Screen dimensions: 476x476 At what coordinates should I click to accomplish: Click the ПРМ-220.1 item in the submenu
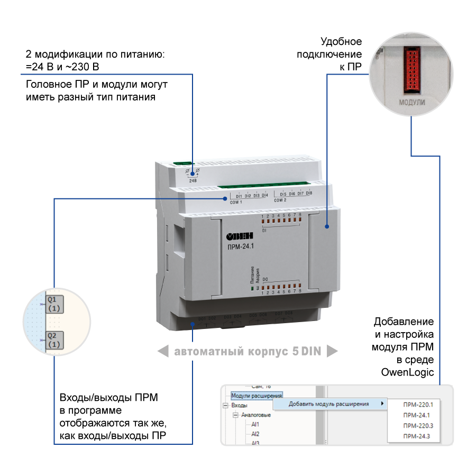[417, 405]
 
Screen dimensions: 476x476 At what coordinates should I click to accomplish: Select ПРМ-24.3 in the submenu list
[416, 436]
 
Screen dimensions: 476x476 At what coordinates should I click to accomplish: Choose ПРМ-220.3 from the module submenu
[417, 426]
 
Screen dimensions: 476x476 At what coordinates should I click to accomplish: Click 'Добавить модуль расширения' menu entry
[328, 405]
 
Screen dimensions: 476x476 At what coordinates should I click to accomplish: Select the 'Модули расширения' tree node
[257, 395]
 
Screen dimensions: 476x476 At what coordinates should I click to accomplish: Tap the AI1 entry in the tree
[255, 424]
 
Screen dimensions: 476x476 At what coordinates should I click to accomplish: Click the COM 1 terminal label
[235, 202]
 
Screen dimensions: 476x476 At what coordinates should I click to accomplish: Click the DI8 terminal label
[309, 194]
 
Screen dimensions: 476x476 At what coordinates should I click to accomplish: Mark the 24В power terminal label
[193, 180]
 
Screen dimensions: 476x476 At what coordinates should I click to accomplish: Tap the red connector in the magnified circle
[411, 68]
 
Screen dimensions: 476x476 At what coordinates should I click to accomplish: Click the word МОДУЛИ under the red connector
[411, 100]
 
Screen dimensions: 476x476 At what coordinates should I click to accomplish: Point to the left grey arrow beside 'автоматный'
[163, 351]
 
